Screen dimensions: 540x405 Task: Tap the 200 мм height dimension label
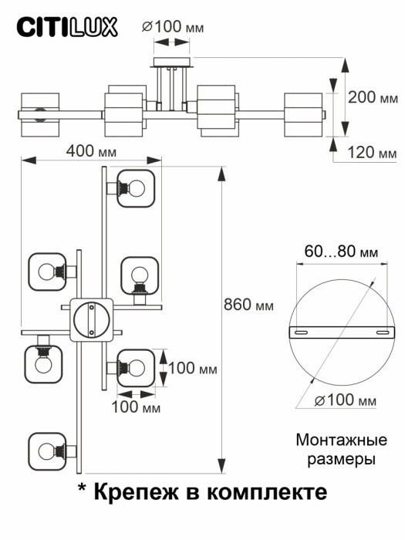click(371, 97)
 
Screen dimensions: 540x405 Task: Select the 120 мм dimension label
click(371, 152)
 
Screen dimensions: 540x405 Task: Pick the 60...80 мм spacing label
click(341, 252)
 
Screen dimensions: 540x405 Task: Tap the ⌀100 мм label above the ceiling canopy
click(174, 28)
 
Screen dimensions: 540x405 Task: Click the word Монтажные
click(340, 441)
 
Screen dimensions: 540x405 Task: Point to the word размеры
click(340, 460)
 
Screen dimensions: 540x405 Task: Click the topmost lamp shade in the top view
click(137, 187)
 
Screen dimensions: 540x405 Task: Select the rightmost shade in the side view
click(304, 113)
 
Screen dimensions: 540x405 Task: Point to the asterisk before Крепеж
click(83, 489)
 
